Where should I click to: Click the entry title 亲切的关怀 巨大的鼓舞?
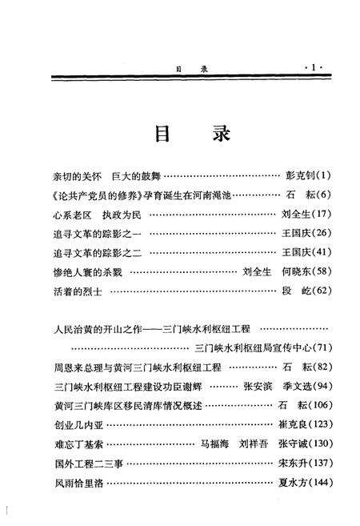(x=95, y=175)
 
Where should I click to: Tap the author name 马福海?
(x=215, y=444)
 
